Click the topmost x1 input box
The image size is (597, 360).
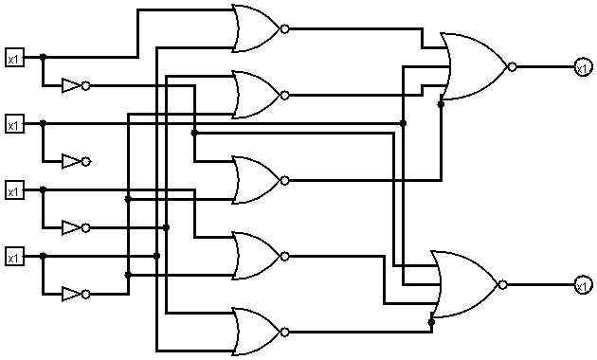13,58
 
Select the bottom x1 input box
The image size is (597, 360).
13,257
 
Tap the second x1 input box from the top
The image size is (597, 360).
13,124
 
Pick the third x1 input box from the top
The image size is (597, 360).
13,190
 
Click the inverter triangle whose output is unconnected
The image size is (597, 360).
71,162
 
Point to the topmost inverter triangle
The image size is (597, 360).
71,86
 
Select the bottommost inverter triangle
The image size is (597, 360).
71,295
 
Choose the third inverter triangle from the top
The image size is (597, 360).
71,228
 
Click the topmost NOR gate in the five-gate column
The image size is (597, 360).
255,29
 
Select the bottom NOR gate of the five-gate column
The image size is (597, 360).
255,332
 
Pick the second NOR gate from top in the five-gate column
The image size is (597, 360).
255,95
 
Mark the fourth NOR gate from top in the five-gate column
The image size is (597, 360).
255,256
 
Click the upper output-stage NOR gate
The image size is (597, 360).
474,67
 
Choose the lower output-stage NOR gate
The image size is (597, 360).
463,284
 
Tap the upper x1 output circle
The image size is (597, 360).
582,66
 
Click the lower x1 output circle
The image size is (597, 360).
582,284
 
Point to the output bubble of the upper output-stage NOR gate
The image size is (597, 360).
512,67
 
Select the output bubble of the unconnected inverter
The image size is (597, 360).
86,162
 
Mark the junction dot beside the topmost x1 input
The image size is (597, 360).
43,58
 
